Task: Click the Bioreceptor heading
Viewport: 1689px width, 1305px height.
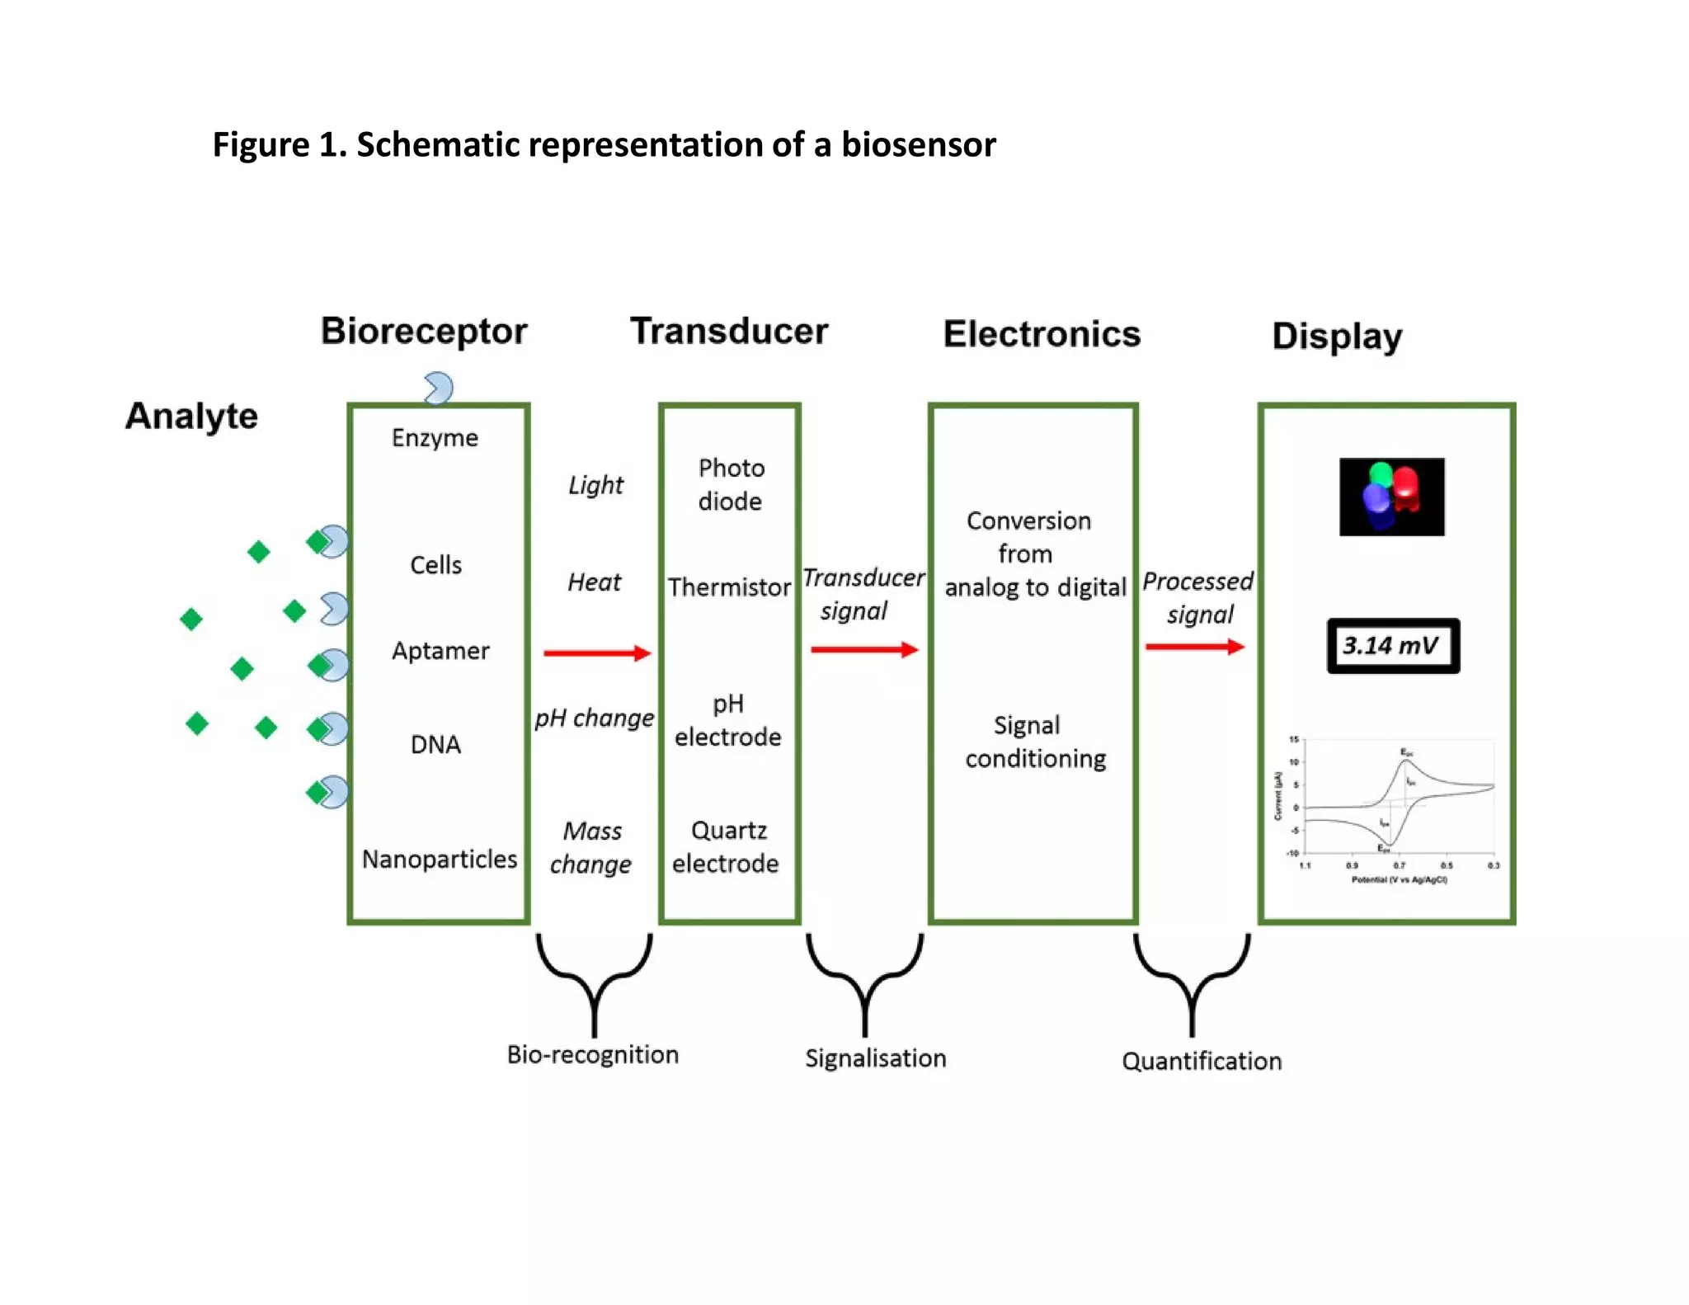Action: click(x=424, y=332)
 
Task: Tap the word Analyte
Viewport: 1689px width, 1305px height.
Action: click(x=191, y=416)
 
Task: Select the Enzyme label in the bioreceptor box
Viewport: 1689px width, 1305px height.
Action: click(x=435, y=438)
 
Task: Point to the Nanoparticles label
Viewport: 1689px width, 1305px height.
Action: click(x=439, y=860)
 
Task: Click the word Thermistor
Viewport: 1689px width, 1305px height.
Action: click(x=729, y=587)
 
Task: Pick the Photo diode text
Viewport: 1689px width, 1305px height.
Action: click(x=731, y=485)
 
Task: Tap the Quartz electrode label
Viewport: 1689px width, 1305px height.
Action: click(x=727, y=847)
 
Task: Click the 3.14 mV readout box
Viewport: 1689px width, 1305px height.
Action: click(x=1392, y=646)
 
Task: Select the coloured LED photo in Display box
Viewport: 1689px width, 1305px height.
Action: click(x=1391, y=497)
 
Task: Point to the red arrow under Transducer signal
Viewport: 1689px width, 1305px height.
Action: click(x=864, y=650)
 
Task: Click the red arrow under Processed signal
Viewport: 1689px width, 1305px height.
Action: click(x=1194, y=647)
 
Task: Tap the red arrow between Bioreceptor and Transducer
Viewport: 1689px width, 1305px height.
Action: click(x=597, y=653)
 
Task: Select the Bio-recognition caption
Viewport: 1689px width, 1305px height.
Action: click(x=592, y=1055)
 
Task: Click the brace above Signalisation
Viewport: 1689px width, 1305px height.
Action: click(x=864, y=982)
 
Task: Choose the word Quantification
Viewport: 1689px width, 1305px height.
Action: click(x=1202, y=1062)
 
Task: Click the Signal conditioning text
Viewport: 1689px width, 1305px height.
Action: click(x=1034, y=742)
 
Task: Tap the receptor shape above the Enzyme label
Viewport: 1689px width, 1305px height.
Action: click(x=438, y=388)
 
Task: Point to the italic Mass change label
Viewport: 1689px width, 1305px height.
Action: click(x=591, y=848)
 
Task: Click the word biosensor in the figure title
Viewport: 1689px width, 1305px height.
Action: click(x=918, y=145)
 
